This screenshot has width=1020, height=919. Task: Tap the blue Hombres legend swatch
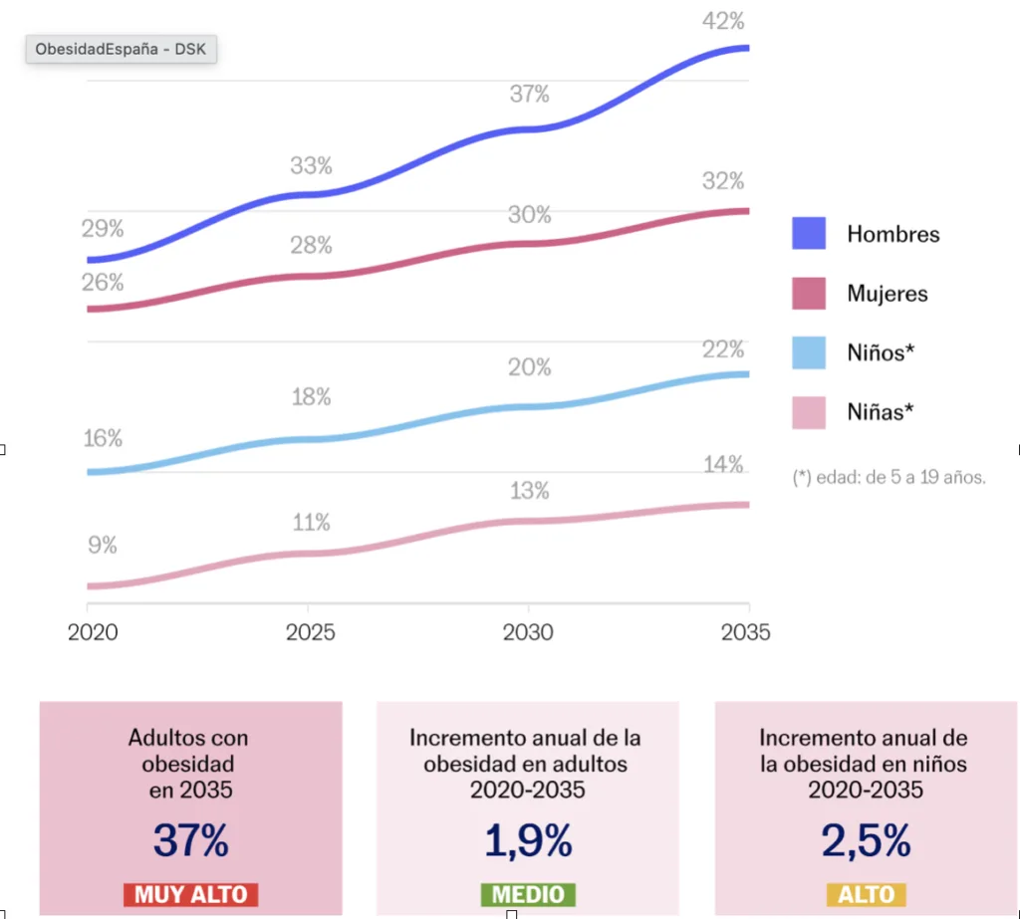[809, 234]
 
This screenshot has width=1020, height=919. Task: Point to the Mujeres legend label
[887, 294]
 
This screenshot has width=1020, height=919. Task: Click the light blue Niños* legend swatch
[809, 352]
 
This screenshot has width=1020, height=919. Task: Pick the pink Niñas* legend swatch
[809, 411]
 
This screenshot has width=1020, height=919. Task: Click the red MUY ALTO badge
[190, 893]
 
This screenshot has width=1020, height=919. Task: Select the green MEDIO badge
[527, 893]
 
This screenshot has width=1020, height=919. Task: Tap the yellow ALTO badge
[866, 893]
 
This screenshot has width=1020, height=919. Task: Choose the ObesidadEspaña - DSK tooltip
[121, 49]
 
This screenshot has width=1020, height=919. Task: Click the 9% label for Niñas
[102, 545]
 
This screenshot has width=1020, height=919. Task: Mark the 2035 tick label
[745, 632]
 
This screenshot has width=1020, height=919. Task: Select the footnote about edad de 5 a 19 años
[889, 477]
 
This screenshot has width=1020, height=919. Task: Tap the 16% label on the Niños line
[103, 438]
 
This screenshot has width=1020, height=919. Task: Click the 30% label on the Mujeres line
[529, 214]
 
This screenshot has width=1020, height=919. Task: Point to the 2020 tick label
[93, 632]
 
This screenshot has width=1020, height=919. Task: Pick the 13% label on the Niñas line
[529, 491]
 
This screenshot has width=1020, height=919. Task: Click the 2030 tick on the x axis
[528, 632]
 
